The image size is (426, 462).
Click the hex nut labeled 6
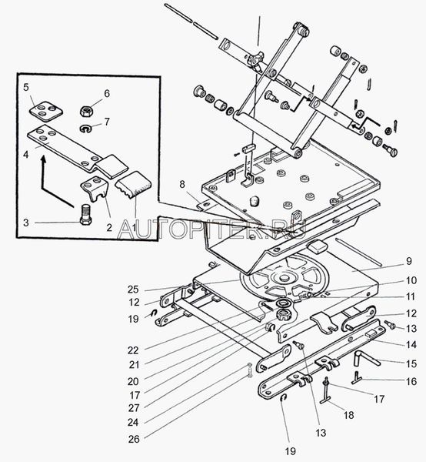coord(86,111)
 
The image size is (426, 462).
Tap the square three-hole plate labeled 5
coord(46,111)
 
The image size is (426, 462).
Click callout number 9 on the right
coord(408,261)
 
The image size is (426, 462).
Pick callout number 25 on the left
coord(133,290)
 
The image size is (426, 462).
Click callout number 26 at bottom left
coord(134,439)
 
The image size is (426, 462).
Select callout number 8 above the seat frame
coord(182,185)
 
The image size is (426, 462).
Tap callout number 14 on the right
coord(411,344)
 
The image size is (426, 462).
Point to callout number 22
coord(133,350)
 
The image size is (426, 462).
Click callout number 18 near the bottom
coord(348,415)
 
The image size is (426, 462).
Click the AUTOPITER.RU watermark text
coord(211,229)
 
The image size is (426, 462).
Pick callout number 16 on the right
coord(411,381)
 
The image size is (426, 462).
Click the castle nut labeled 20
coord(284,315)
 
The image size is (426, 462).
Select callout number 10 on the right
coord(411,280)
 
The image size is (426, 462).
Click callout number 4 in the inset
coord(26,154)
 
